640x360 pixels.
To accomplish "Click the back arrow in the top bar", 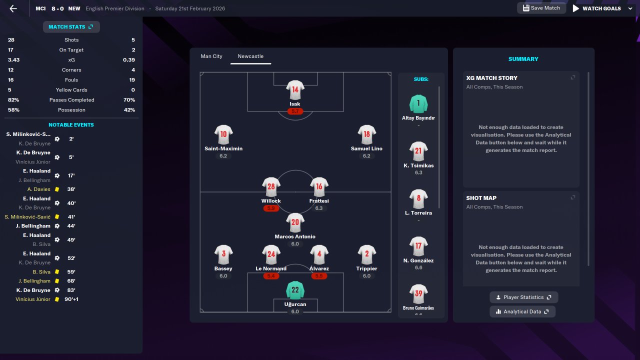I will point(13,8).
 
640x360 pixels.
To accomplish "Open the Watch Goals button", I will point(596,8).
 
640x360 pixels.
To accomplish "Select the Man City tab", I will point(211,56).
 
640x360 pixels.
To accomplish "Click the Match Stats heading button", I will point(71,27).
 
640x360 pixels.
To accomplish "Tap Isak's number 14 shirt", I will point(295,90).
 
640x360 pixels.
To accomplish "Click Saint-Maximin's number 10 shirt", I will point(223,134).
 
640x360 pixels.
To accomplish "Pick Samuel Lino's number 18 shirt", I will point(366,134).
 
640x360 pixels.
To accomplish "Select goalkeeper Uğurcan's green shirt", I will point(295,290).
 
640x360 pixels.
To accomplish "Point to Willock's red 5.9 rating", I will point(271,208).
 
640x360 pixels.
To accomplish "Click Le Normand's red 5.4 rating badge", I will point(271,276).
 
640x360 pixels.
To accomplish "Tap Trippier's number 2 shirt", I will point(366,254).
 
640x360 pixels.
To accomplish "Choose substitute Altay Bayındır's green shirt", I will point(418,104).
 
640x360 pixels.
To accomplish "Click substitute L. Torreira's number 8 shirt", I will point(418,198).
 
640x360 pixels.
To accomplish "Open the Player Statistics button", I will point(523,297).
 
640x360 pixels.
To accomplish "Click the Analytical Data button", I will point(522,312).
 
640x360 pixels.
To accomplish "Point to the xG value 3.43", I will point(14,60).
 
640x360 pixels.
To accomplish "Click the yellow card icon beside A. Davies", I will point(57,189).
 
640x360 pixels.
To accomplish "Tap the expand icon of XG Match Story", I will point(573,77).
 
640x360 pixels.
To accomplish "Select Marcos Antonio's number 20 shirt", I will point(295,222).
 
